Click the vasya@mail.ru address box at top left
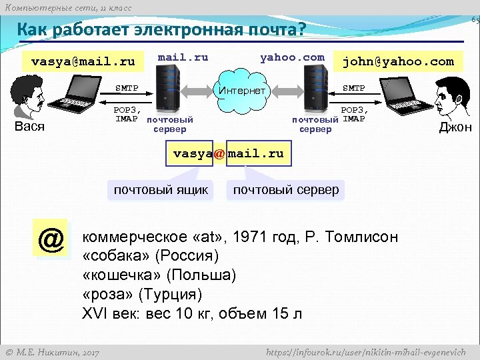tap(83, 62)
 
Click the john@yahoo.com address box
tap(397, 62)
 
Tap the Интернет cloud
tap(242, 91)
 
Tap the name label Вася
tap(29, 127)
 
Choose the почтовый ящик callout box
tap(161, 190)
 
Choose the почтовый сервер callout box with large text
tap(285, 190)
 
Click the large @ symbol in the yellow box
tap(51, 239)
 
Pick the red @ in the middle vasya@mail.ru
tap(219, 153)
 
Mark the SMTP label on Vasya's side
tap(127, 88)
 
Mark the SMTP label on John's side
tap(353, 88)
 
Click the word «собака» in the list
tap(116, 256)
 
